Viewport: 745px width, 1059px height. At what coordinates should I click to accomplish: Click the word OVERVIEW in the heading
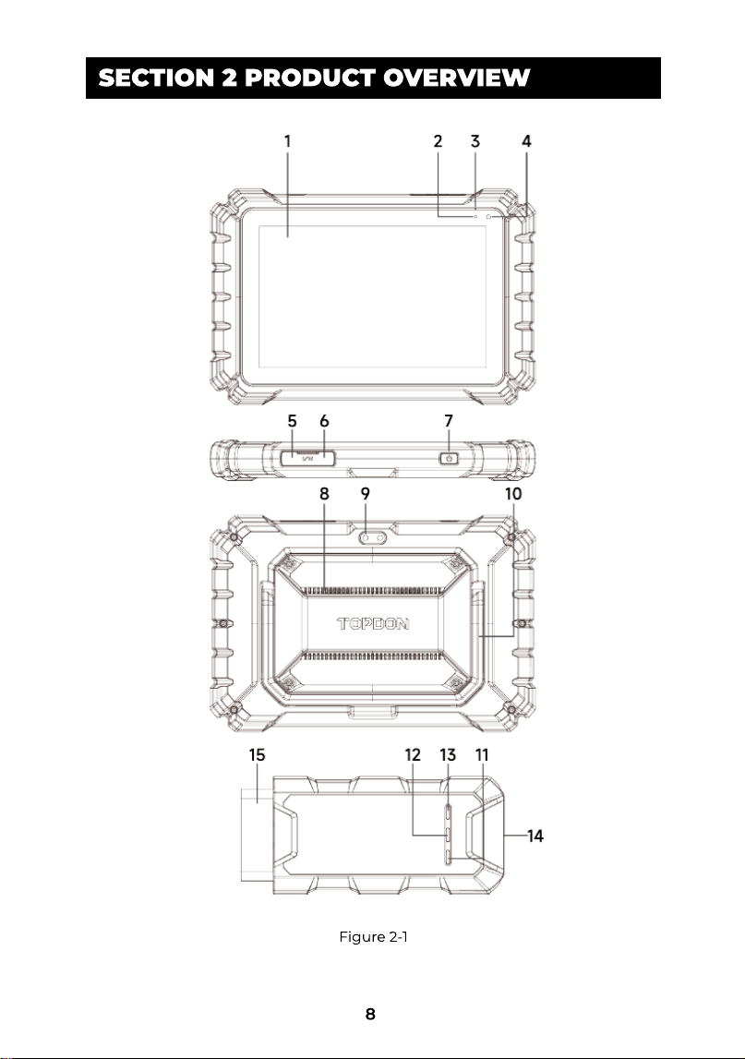[x=457, y=78]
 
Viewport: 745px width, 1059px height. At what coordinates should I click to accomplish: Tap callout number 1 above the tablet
[x=288, y=141]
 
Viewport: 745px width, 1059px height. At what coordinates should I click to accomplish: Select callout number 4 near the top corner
[x=527, y=141]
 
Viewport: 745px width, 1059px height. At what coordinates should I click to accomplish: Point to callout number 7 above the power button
[x=449, y=421]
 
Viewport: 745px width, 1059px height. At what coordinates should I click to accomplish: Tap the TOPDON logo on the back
[x=374, y=623]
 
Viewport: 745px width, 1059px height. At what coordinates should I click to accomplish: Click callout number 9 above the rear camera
[x=366, y=494]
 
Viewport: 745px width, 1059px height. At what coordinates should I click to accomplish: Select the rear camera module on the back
[x=374, y=538]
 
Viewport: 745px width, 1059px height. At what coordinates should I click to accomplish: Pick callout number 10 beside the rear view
[x=513, y=494]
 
